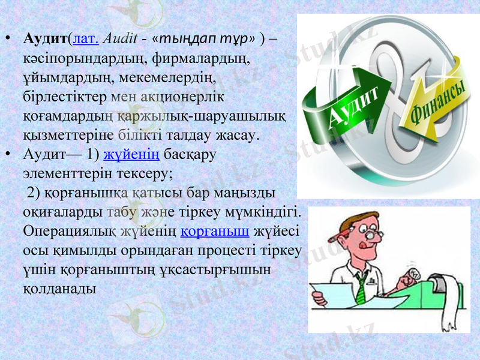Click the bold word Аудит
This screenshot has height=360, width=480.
pyautogui.click(x=46, y=40)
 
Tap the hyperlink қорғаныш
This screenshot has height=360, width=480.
pyautogui.click(x=215, y=231)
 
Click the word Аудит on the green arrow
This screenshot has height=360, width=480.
pyautogui.click(x=354, y=108)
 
